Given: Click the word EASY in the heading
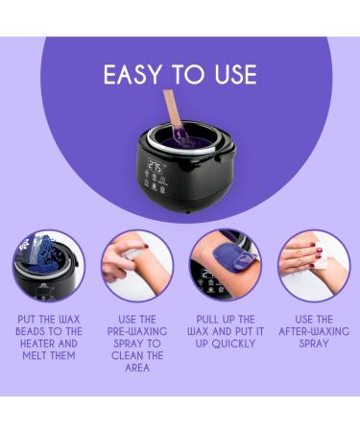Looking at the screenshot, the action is [x=132, y=75].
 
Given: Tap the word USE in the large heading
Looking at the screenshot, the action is [x=236, y=75].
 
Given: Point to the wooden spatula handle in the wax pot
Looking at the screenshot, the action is [x=172, y=108].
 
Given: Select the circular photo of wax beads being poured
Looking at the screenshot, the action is [x=49, y=265].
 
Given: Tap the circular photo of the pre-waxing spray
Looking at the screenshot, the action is [x=137, y=265].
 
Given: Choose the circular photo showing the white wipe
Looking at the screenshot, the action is [x=314, y=265].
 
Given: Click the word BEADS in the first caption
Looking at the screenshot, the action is [x=32, y=331].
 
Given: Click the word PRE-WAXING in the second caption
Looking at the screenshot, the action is [x=137, y=331].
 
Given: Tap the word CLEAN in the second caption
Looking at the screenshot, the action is [x=126, y=355].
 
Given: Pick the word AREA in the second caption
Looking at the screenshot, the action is [x=137, y=368].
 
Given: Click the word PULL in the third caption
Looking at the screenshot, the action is [x=207, y=320].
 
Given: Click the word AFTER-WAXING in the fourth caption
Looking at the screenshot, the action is [x=314, y=331].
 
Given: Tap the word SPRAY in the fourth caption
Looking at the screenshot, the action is [x=314, y=344].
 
